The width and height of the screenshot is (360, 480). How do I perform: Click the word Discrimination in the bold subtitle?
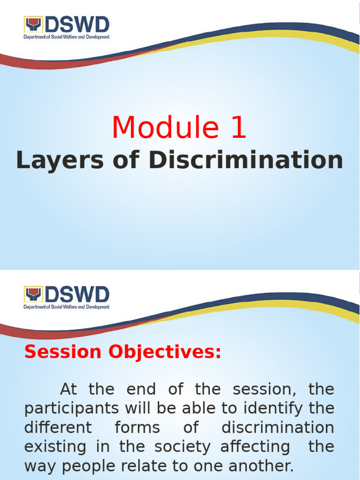246,161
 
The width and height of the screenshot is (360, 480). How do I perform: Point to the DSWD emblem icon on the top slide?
33,24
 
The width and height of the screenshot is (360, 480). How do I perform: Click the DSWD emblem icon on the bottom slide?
33,294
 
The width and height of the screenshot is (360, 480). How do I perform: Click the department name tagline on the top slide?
67,37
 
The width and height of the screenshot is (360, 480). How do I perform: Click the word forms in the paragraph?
137,428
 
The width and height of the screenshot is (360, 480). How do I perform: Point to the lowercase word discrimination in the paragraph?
277,428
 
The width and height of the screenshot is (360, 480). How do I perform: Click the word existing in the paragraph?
55,447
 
